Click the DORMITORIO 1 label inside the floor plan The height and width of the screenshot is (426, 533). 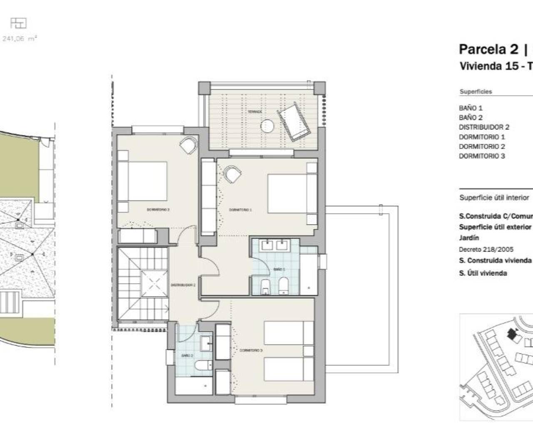pos(240,210)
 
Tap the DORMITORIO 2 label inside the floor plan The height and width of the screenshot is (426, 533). pos(158,210)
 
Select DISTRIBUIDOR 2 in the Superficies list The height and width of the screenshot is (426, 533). pos(484,127)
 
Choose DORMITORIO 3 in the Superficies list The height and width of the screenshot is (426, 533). pos(482,156)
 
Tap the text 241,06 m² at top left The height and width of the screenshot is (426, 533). pos(20,39)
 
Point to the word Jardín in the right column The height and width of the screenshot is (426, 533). pos(469,238)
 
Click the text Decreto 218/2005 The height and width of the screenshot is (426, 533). pos(486,250)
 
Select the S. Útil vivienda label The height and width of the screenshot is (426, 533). pos(483,273)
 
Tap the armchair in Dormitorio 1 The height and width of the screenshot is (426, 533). pos(232,173)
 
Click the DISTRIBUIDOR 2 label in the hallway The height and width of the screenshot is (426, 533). pos(183,285)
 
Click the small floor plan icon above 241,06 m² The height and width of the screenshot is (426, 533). pos(18,23)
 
